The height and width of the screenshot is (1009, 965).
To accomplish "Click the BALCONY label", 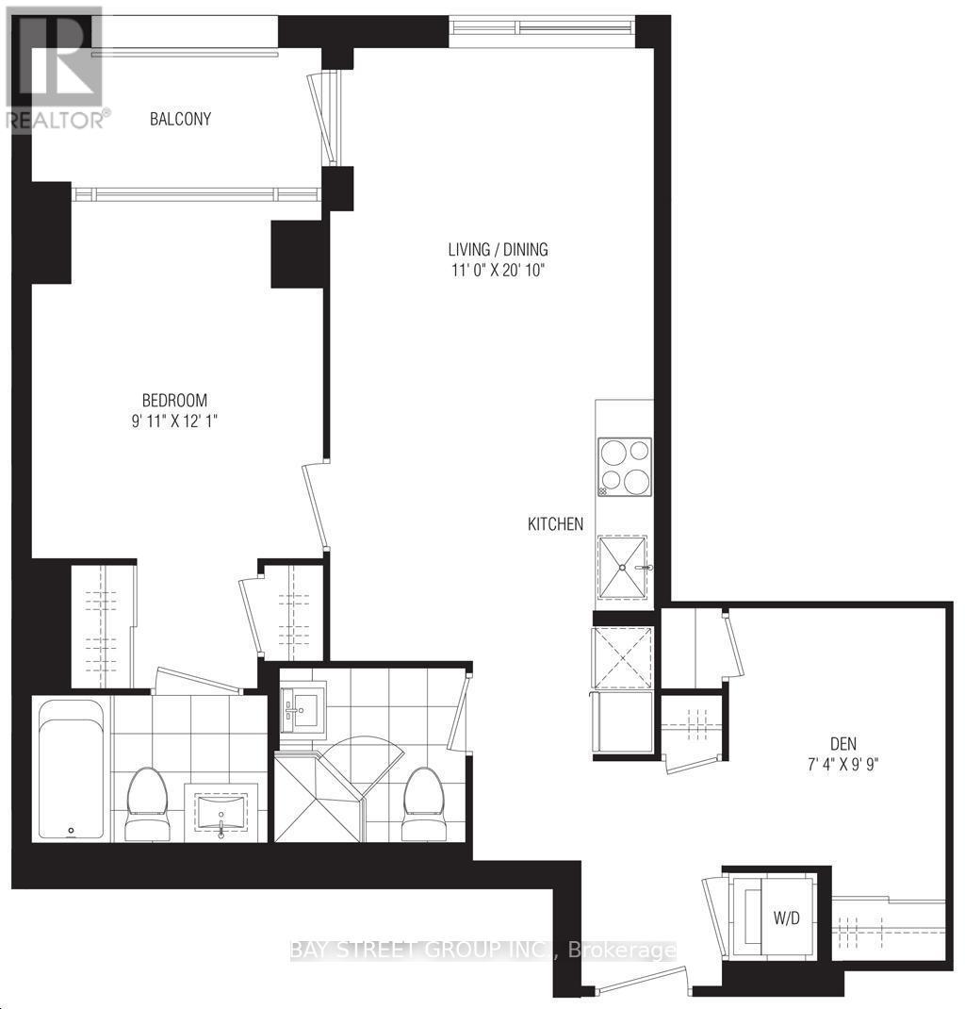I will coord(180,120).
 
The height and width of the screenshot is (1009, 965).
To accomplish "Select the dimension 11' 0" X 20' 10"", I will coord(498,271).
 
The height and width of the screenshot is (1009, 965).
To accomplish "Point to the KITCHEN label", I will coord(555,524).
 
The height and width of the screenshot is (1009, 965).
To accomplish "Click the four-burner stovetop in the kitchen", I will coord(625,467).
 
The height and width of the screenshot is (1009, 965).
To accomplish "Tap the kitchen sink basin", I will coord(623,567).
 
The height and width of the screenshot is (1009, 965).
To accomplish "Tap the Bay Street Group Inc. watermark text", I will coord(482,951).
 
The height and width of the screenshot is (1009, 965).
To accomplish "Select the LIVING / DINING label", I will coord(498,250).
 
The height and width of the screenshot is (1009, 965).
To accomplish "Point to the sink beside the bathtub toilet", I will coord(221,814).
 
